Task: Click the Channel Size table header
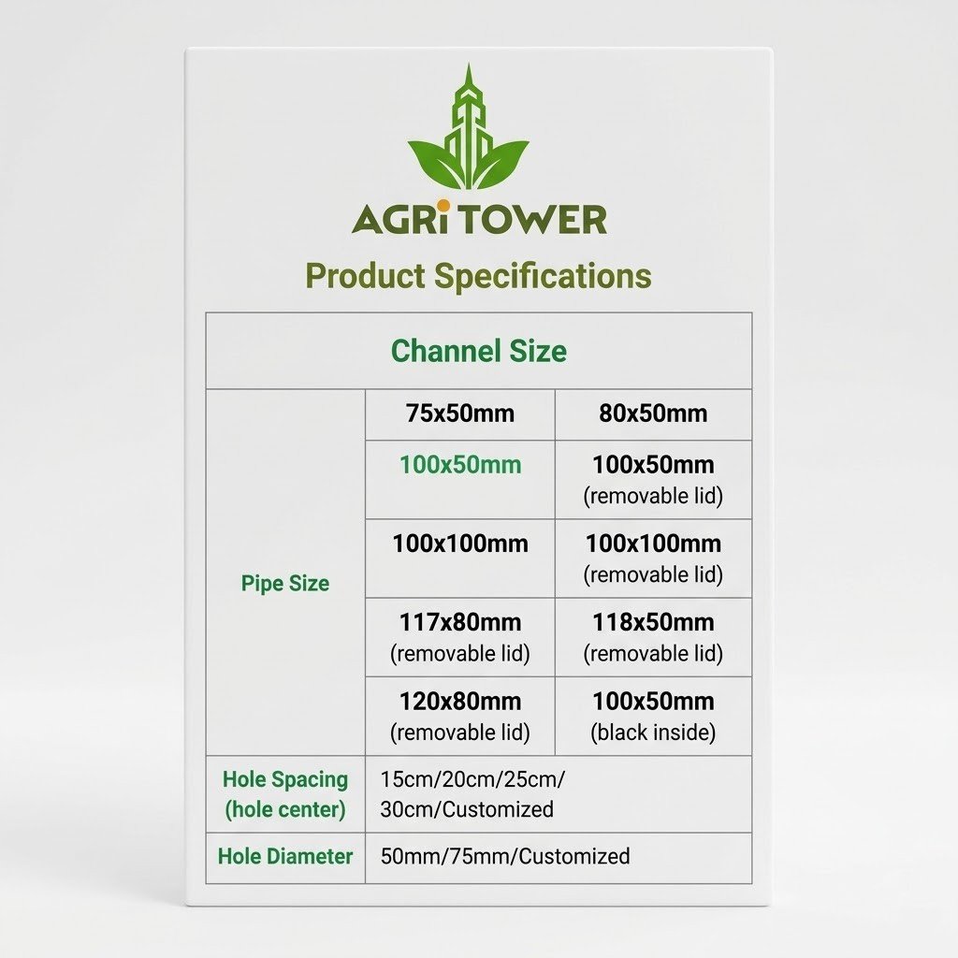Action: pos(478,352)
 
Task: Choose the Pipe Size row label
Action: pos(285,584)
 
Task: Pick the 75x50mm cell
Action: pos(460,414)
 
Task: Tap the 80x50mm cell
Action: pos(653,414)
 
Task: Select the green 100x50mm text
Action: pos(460,465)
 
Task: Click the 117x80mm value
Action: pos(460,622)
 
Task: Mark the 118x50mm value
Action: pos(653,622)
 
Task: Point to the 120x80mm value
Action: pos(460,701)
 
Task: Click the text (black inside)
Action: pos(653,733)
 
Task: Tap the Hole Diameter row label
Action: pos(285,856)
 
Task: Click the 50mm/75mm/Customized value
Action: pos(505,856)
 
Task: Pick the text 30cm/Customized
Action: pos(467,809)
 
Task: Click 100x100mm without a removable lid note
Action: pos(460,544)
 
